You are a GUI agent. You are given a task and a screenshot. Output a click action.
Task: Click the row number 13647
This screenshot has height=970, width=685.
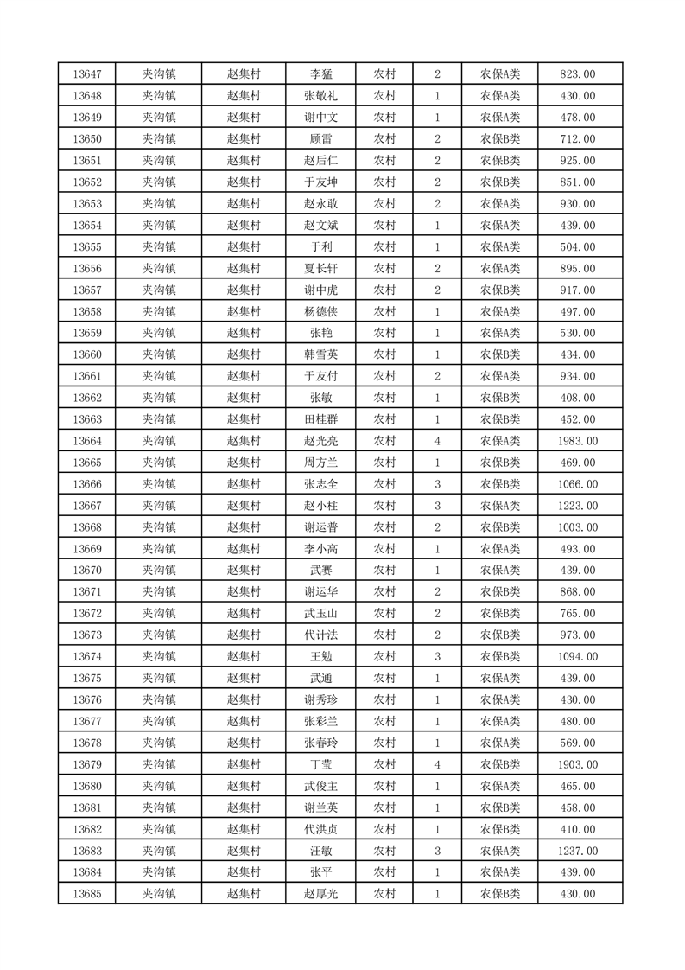pos(88,74)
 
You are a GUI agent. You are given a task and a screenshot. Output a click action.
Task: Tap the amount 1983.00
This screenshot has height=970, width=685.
pos(578,441)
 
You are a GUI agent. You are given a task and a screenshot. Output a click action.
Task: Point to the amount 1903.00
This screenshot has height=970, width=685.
pos(578,764)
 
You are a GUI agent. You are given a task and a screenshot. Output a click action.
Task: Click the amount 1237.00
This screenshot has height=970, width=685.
pos(578,851)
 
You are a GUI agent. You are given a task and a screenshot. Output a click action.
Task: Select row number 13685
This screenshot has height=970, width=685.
pos(88,894)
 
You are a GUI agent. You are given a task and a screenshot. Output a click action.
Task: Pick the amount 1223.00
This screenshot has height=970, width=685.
pos(578,506)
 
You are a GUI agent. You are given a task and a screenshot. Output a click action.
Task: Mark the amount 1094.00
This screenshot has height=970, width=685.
pos(578,657)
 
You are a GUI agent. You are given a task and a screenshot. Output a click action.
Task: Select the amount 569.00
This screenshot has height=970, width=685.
pos(578,743)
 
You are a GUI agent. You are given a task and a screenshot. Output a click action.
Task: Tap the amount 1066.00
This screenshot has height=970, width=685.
pos(578,484)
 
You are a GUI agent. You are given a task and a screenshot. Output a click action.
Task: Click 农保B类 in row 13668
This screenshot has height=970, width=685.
pos(500,527)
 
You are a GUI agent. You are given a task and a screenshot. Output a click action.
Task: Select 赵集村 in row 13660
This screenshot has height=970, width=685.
pos(244,354)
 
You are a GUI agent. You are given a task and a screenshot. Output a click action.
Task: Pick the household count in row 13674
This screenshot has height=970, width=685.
pos(438,657)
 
